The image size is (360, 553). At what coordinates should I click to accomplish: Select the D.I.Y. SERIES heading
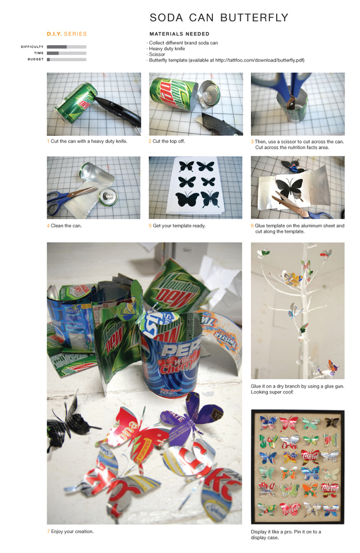(67, 34)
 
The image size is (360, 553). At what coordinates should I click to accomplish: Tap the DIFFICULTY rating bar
(67, 46)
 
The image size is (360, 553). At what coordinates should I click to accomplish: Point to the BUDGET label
(35, 59)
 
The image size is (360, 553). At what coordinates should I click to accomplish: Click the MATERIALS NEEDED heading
(179, 34)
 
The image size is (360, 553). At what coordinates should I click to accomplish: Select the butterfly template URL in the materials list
(259, 60)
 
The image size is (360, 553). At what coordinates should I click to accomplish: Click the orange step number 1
(48, 141)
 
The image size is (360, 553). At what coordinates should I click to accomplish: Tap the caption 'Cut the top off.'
(169, 141)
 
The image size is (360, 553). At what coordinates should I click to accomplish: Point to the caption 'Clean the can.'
(66, 226)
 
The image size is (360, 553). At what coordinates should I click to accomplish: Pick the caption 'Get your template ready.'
(179, 226)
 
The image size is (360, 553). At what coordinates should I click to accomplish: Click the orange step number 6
(252, 226)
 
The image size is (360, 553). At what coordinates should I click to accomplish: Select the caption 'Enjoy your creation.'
(72, 531)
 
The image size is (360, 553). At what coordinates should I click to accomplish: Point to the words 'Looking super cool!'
(272, 392)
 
